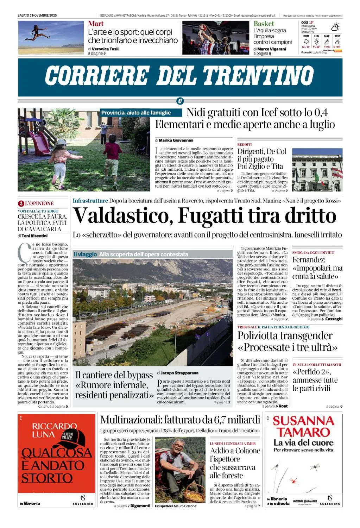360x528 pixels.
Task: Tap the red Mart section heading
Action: (96, 24)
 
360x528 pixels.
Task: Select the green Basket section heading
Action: (264, 24)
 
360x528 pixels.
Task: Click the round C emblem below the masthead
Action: (180, 101)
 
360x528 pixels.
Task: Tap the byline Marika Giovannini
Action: (176, 140)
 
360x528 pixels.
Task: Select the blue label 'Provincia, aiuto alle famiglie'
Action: (136, 113)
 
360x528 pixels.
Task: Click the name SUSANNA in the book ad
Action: (303, 421)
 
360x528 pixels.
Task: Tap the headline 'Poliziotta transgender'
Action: (285, 335)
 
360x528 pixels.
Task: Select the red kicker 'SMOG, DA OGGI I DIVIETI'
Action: (313, 252)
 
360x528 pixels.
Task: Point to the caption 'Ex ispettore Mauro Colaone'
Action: (176, 506)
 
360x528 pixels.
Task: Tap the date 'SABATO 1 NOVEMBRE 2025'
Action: (37, 15)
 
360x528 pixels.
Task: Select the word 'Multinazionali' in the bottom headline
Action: (130, 420)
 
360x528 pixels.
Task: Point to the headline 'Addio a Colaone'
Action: (235, 451)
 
